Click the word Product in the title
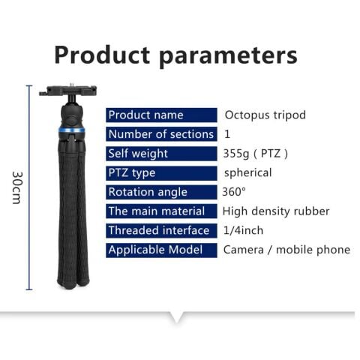[x=101, y=55]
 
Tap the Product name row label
[x=146, y=115]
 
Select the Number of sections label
[x=160, y=134]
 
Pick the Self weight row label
[x=139, y=154]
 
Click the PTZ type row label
[x=132, y=172]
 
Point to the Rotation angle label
[x=148, y=192]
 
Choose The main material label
[x=156, y=211]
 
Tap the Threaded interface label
[x=158, y=230]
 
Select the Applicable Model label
[x=156, y=250]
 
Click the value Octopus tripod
[x=265, y=115]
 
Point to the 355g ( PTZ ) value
[x=255, y=154]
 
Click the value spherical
[x=247, y=172]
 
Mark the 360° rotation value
[x=234, y=192]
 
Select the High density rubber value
[x=276, y=211]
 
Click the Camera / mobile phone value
[x=286, y=250]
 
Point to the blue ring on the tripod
[x=73, y=130]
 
